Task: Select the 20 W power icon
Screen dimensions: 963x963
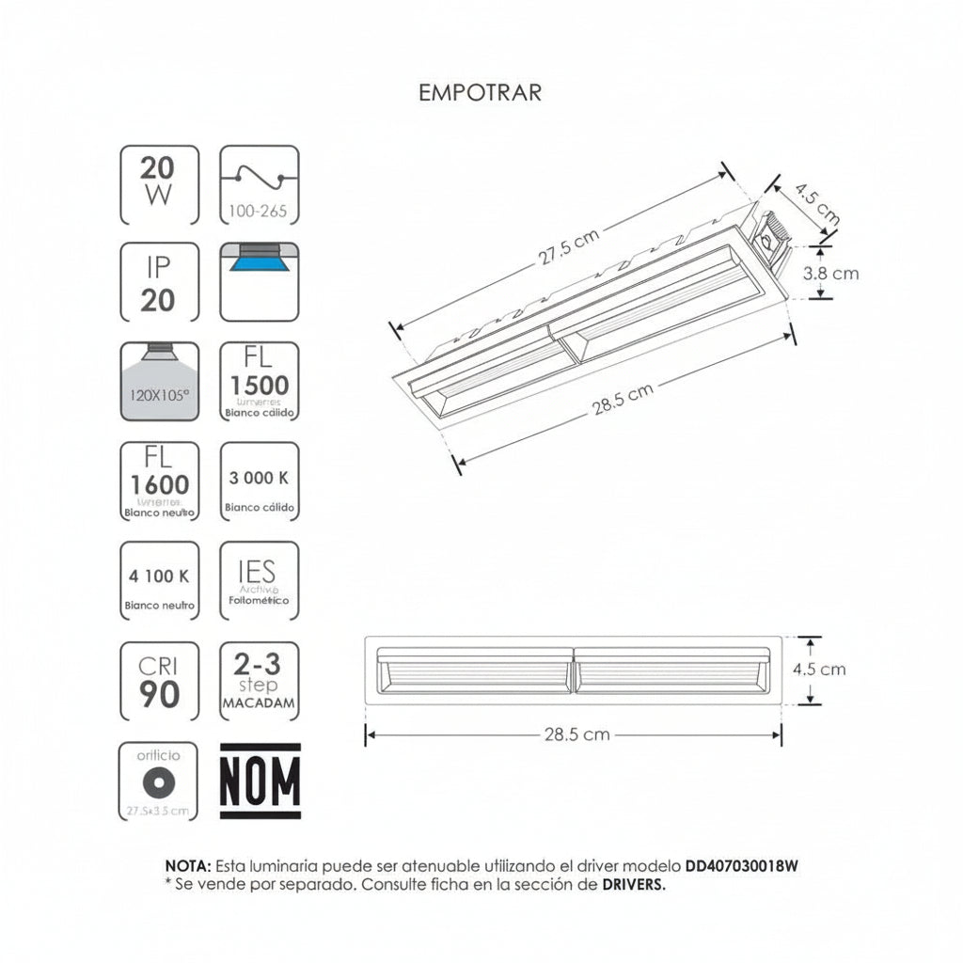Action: [x=159, y=184]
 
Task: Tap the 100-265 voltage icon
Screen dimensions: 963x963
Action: [x=259, y=184]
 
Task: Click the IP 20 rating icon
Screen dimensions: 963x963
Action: [x=159, y=283]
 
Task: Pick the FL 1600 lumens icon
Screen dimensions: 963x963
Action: [x=159, y=481]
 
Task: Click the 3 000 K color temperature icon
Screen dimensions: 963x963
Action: [x=259, y=481]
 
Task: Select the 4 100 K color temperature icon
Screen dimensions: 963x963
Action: [x=159, y=580]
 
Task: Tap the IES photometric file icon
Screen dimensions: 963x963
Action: [x=259, y=580]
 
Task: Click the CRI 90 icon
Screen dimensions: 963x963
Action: [x=159, y=680]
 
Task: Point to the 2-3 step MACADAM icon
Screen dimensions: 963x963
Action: [x=259, y=680]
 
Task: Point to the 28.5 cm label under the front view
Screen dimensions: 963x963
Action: [x=576, y=734]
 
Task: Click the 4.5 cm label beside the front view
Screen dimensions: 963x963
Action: [x=820, y=669]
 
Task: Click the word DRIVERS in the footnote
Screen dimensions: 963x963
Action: [x=633, y=884]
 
